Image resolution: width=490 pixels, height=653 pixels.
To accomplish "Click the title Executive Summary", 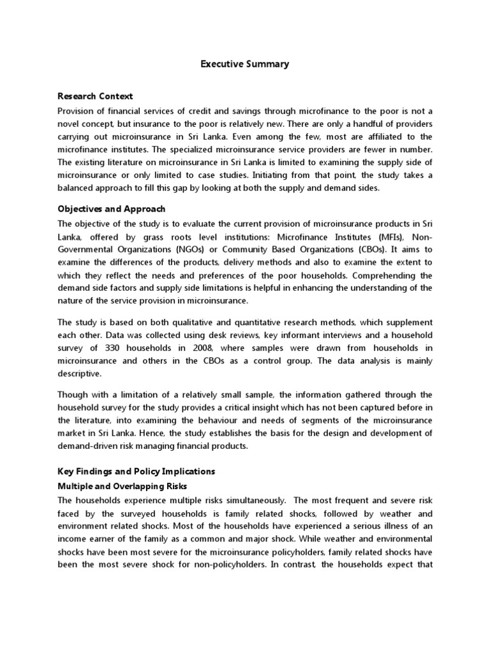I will pos(245,64).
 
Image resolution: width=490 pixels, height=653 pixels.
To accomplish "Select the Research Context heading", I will pos(95,96).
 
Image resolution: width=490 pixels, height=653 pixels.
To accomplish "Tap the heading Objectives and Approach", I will pos(112,209).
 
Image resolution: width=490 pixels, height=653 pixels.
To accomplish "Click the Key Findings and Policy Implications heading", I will pos(137,471).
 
